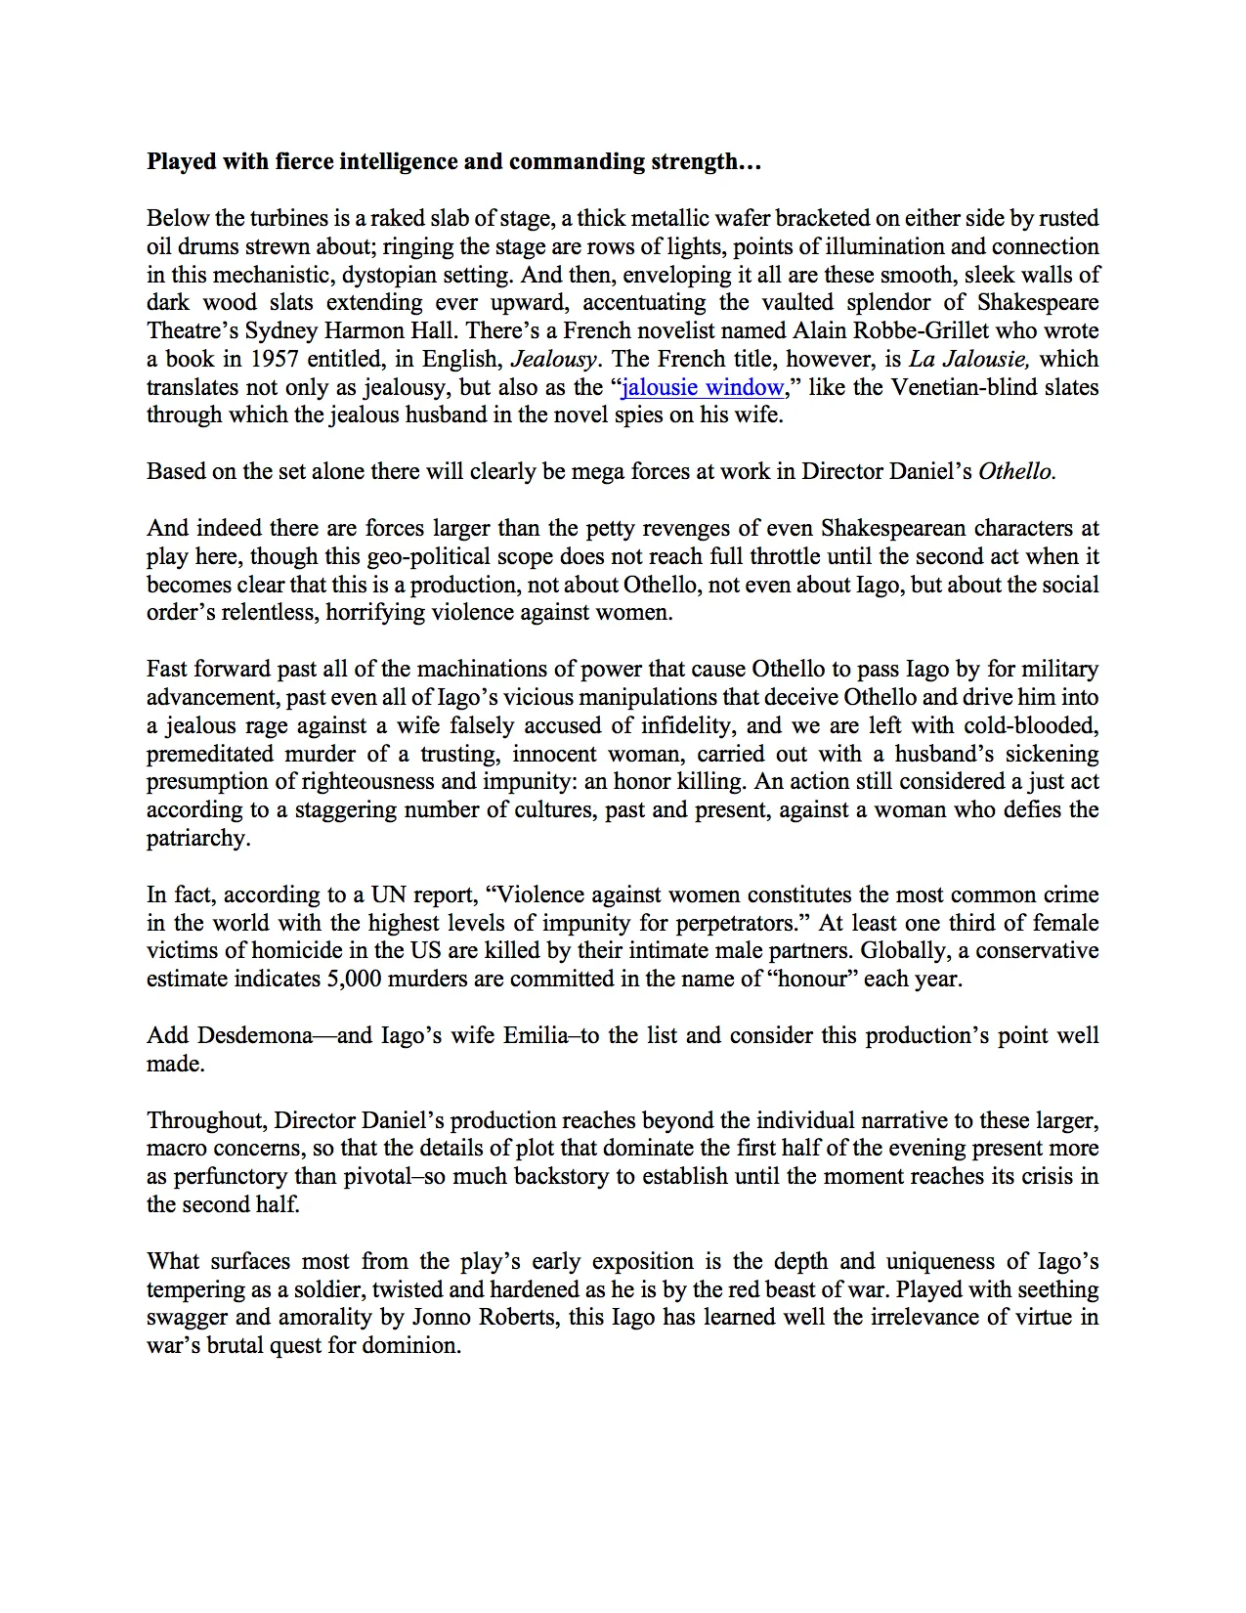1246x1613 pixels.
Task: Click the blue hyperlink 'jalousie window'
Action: point(703,387)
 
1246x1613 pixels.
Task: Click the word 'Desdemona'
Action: point(255,1036)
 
